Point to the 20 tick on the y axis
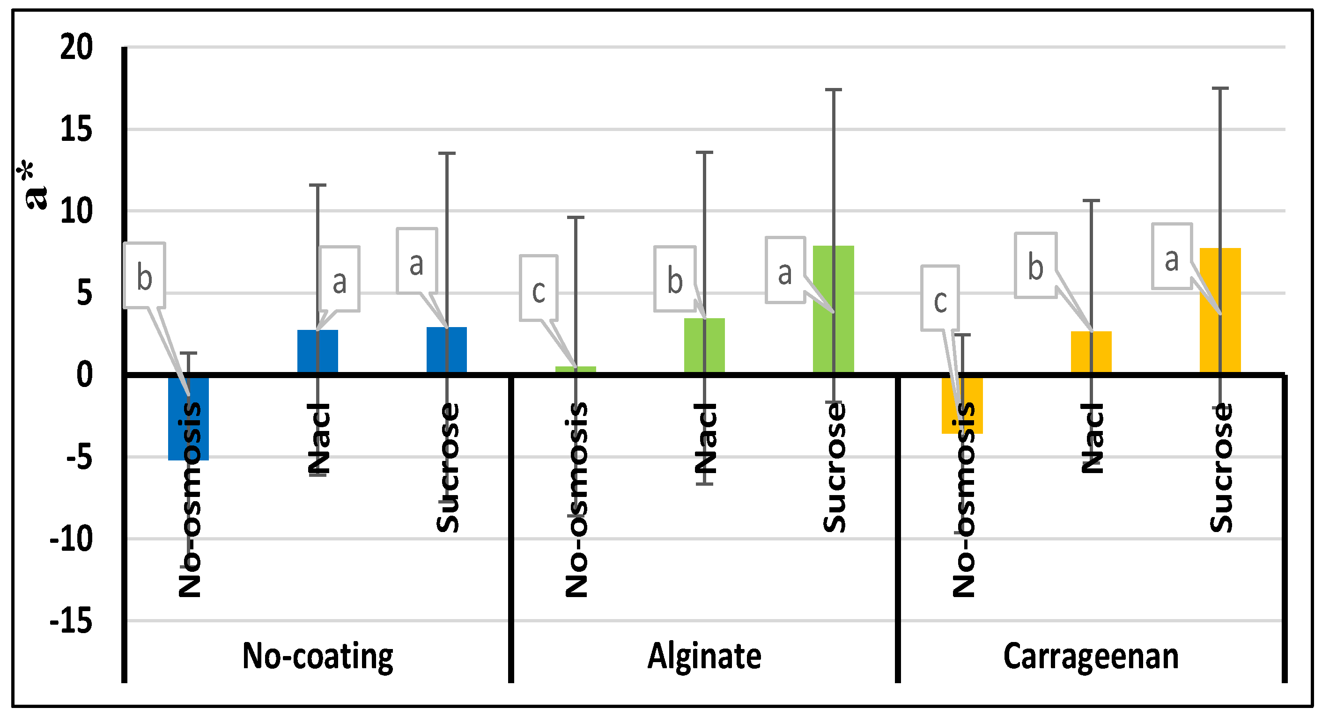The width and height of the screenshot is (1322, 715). (x=76, y=47)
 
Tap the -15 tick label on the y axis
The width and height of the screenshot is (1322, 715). (x=71, y=622)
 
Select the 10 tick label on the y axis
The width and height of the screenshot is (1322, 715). (x=76, y=212)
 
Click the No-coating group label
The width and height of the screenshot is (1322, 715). (x=317, y=657)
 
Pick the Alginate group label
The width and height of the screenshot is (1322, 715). (x=704, y=657)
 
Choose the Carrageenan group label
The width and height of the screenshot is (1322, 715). (x=1091, y=657)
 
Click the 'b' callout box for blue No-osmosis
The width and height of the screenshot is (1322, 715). (x=144, y=276)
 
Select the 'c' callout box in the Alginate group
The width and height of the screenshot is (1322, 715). (x=539, y=288)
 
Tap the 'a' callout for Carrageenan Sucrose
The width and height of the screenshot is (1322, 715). (x=1172, y=256)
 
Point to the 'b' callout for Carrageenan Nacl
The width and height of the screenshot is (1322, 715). (x=1035, y=265)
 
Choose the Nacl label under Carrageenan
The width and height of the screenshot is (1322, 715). (x=1091, y=438)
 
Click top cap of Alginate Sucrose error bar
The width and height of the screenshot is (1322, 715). (x=834, y=90)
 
